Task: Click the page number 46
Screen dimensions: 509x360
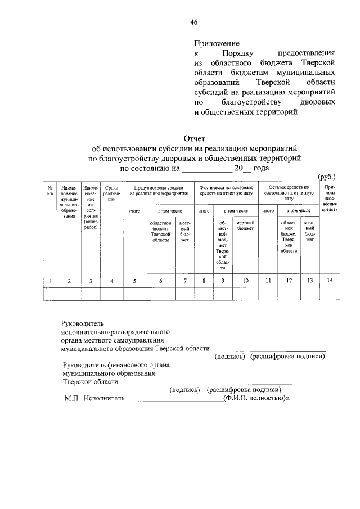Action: [193, 22]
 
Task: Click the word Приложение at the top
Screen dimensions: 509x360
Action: [217, 43]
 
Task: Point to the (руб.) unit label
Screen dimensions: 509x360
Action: [326, 176]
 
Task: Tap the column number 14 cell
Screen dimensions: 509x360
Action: [330, 281]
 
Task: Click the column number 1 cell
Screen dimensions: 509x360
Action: [50, 281]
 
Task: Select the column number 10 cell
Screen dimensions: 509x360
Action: [245, 281]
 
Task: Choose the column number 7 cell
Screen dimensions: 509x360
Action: [184, 281]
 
